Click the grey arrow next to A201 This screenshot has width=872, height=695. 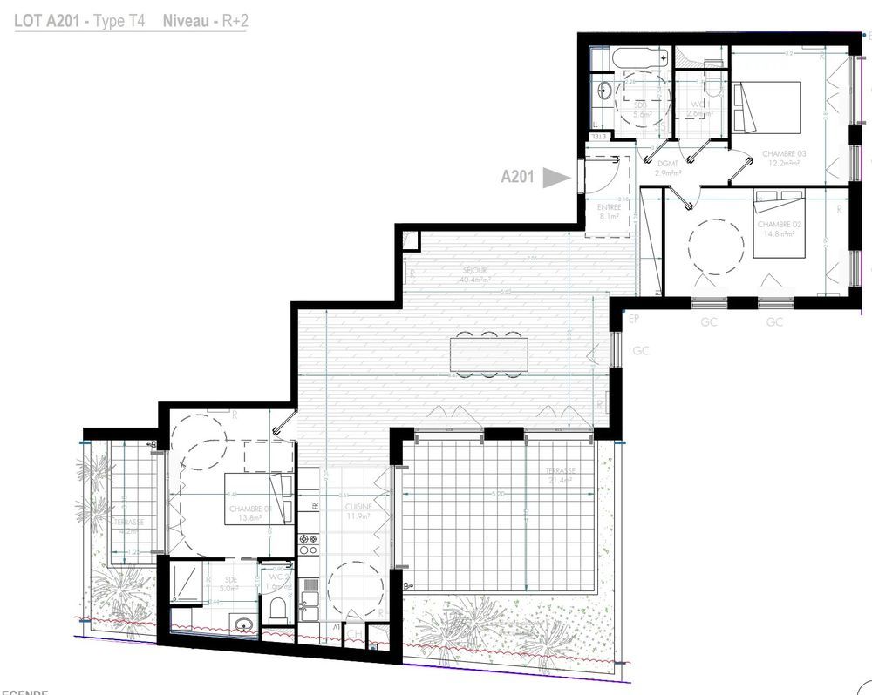[555, 178]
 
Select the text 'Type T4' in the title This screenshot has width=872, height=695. [121, 21]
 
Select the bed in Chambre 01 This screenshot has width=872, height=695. [255, 498]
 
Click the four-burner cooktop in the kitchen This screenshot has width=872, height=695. [309, 544]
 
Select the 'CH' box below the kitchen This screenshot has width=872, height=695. [355, 635]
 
